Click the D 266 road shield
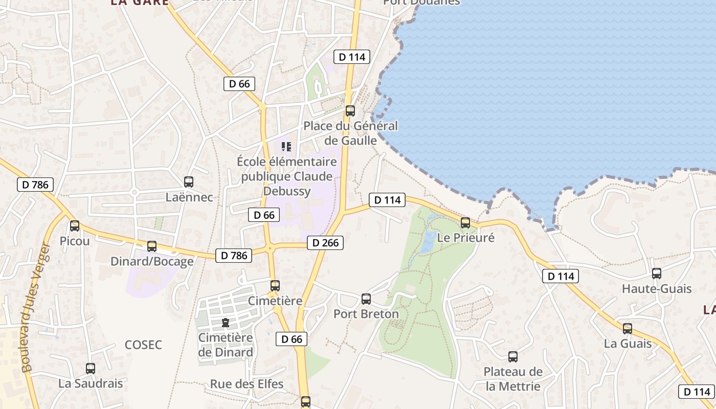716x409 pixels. point(325,243)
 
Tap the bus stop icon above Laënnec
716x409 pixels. point(189,181)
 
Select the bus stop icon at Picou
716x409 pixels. point(75,225)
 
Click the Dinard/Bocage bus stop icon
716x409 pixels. point(152,246)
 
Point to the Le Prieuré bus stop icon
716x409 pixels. point(465,222)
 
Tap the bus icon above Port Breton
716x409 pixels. point(366,299)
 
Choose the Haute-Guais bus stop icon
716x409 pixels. point(657,274)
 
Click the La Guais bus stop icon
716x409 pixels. point(628,328)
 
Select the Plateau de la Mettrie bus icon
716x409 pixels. point(513,356)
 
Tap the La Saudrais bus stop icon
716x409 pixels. point(91,368)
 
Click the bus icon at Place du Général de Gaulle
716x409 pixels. point(350,110)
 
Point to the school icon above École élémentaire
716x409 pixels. point(286,147)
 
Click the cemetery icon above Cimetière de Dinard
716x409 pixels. point(225,323)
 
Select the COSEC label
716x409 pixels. point(143,345)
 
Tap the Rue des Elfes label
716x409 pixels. point(247,384)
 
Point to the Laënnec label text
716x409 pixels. point(189,197)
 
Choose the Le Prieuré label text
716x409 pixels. point(466,238)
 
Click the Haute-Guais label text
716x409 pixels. point(657,289)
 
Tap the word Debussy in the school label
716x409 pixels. point(287,191)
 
